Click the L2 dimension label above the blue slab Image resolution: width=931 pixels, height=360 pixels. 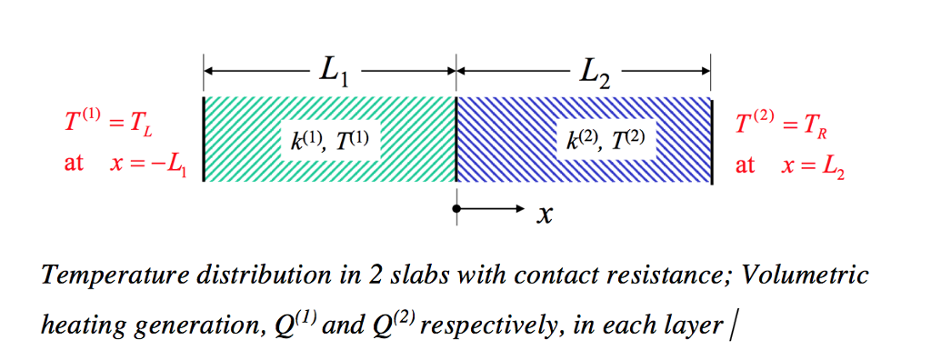[x=592, y=71]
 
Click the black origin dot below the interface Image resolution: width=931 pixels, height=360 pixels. [x=456, y=208]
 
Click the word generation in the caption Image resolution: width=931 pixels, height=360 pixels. [x=191, y=325]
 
